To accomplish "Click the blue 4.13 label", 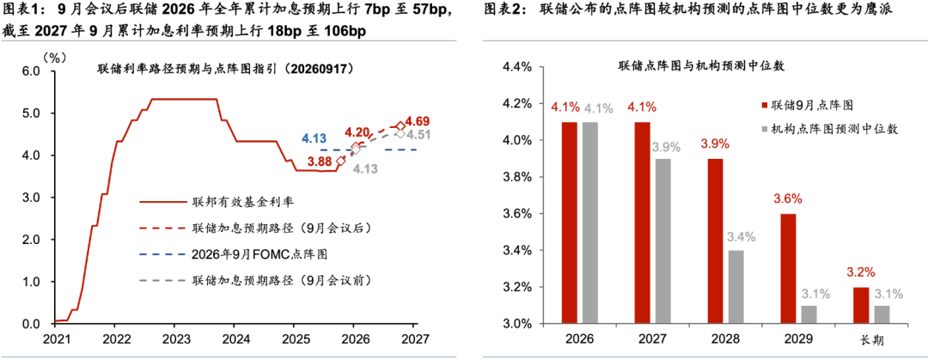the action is (x=314, y=139).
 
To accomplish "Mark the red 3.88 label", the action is (x=321, y=161).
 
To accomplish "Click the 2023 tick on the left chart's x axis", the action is (x=174, y=340).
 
